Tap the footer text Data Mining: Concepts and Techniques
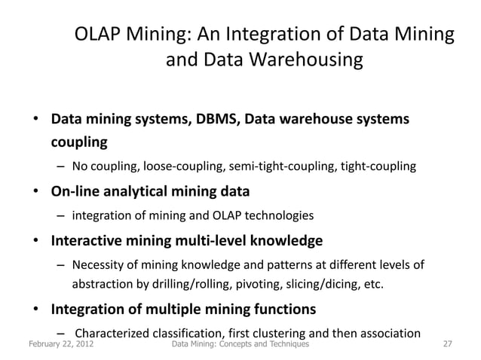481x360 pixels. click(240, 345)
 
